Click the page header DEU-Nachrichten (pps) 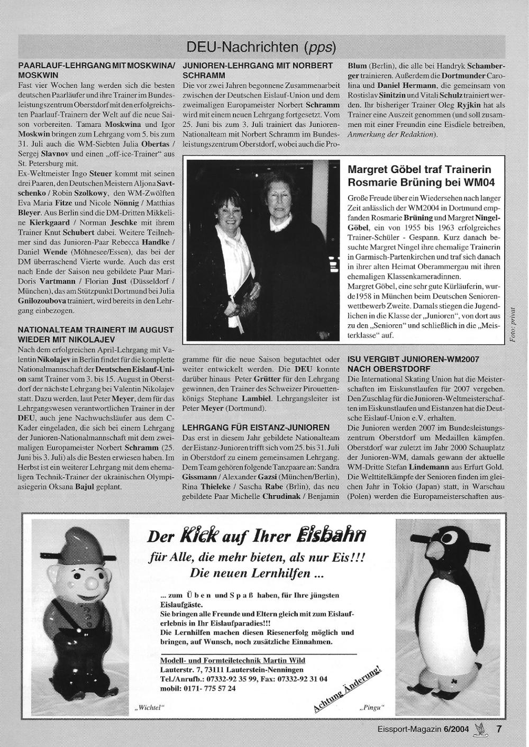[x=261, y=48]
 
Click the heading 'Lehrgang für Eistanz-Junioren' [x=256, y=427]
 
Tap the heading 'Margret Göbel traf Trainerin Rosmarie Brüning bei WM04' [x=419, y=176]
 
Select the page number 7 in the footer [x=499, y=728]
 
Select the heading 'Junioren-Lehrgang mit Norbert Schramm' [x=257, y=70]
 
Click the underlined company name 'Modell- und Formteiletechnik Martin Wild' [x=232, y=661]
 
